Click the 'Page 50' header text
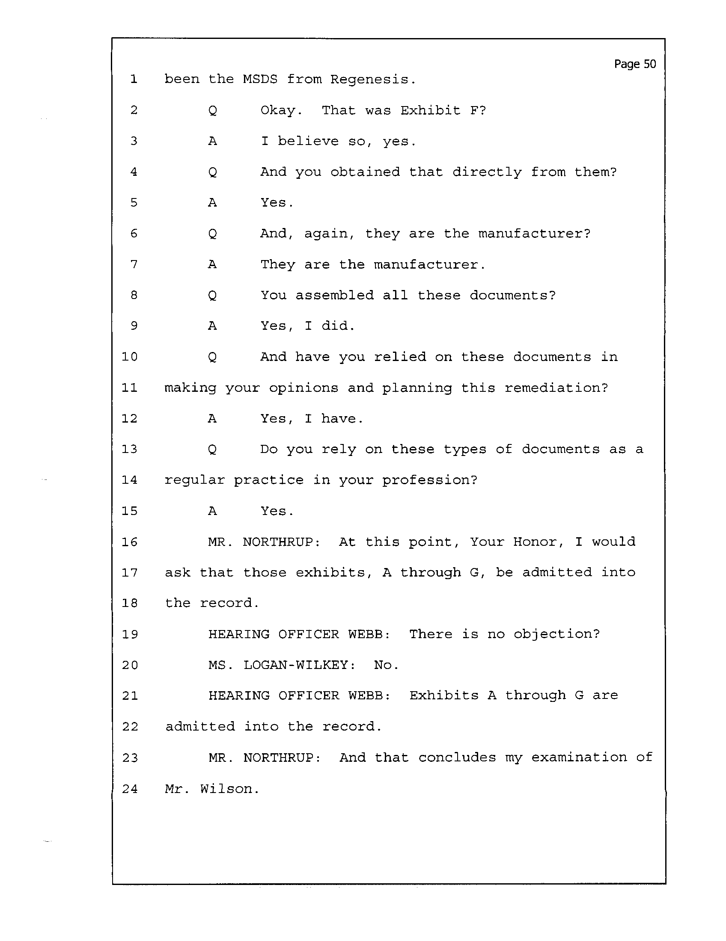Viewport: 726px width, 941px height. point(634,64)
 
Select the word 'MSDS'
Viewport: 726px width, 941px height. point(260,79)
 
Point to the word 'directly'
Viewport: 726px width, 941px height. point(487,172)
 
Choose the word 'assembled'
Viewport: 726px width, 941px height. point(334,296)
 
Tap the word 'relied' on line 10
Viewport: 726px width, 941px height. point(400,357)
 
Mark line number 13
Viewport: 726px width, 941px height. point(129,449)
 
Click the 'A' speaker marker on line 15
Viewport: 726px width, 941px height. point(212,511)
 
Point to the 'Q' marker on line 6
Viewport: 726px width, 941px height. point(212,234)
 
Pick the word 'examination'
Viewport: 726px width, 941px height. point(579,758)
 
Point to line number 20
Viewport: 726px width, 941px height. point(130,665)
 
